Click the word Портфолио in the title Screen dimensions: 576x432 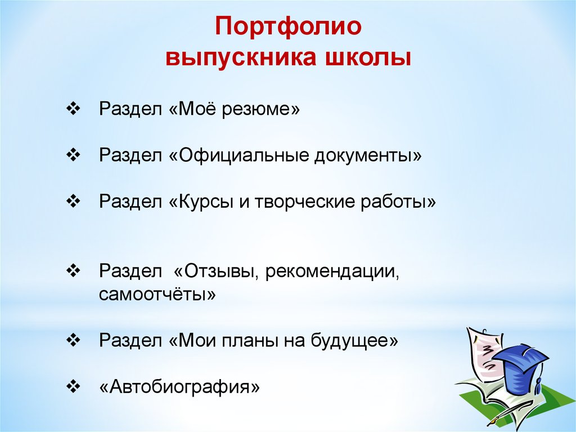288,26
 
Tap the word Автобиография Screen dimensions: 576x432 179,387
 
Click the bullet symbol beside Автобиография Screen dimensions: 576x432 73,386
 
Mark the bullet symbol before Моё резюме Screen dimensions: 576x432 73,109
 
